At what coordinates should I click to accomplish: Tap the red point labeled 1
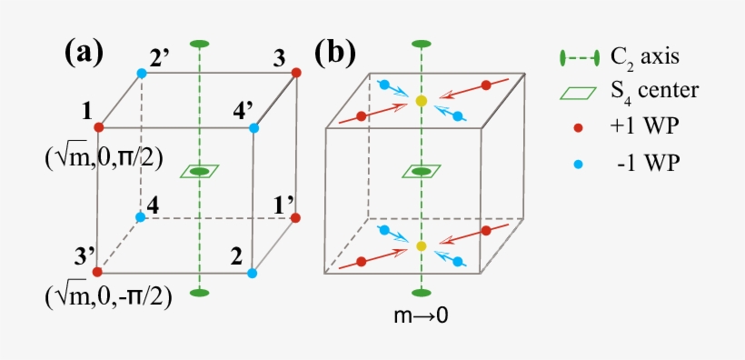(x=98, y=127)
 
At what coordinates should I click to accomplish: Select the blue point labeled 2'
(x=141, y=73)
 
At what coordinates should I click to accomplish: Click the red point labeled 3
(x=296, y=72)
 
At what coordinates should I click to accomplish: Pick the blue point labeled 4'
(x=253, y=127)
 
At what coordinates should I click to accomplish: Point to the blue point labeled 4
(x=140, y=217)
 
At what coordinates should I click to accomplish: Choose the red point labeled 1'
(x=296, y=217)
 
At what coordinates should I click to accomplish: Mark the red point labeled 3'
(x=97, y=271)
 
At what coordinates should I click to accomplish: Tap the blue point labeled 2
(x=253, y=272)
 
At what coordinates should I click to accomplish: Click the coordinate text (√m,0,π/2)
(x=103, y=156)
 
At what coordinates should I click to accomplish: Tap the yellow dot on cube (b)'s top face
(x=421, y=101)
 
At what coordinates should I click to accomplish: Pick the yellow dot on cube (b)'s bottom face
(x=421, y=246)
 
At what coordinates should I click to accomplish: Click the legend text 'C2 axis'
(x=646, y=58)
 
